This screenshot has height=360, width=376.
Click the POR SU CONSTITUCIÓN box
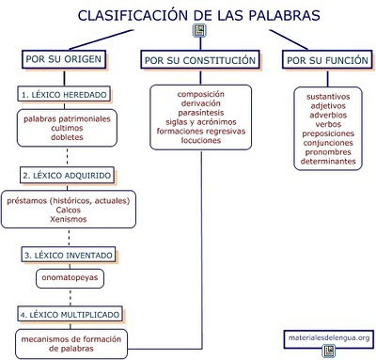point(199,60)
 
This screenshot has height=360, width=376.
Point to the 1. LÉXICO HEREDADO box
point(64,94)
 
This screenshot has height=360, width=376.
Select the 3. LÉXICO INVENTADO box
point(64,255)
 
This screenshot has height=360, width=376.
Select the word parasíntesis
point(200,113)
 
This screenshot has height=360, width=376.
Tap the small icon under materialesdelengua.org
point(329,352)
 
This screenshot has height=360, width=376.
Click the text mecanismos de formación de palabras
point(71,342)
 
